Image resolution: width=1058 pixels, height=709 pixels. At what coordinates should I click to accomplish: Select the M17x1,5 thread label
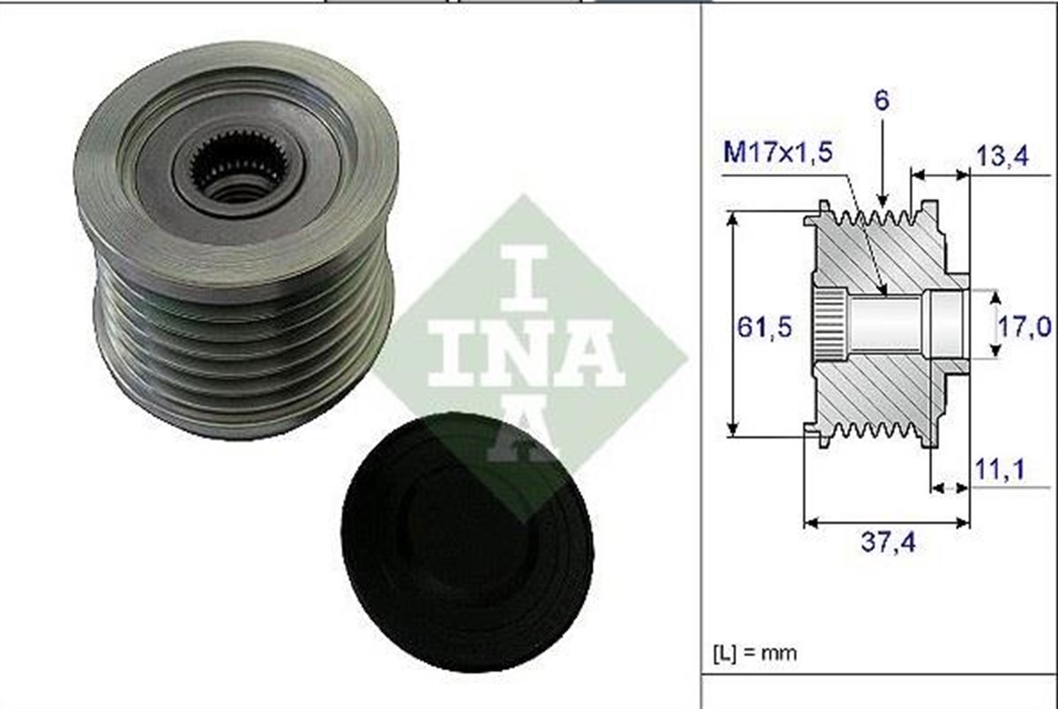coord(777,153)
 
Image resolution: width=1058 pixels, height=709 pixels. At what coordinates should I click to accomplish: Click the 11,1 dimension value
coord(999,471)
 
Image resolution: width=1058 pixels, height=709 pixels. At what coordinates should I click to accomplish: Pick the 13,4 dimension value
coord(1002,158)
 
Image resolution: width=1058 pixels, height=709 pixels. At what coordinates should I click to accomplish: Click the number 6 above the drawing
coord(882,100)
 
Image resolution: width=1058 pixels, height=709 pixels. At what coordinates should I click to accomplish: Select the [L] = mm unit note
coord(754,653)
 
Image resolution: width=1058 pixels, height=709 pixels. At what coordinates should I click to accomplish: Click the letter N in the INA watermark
coord(527,353)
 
